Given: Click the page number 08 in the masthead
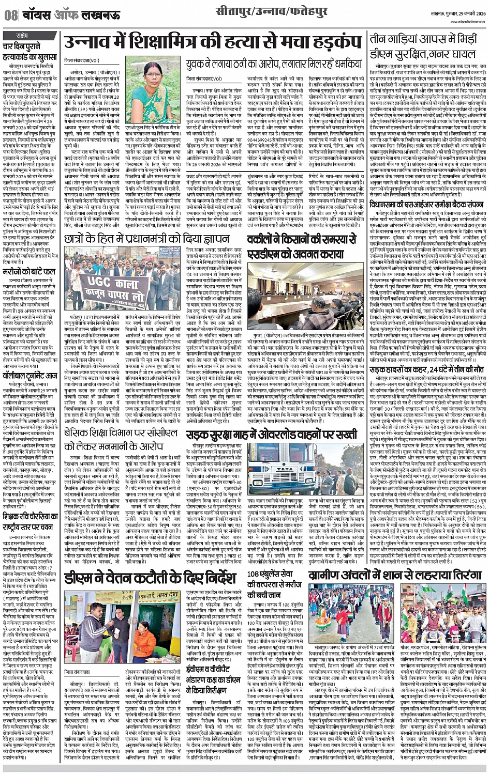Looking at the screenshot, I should coord(10,16).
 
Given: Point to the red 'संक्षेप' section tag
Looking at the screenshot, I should coord(22,35).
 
